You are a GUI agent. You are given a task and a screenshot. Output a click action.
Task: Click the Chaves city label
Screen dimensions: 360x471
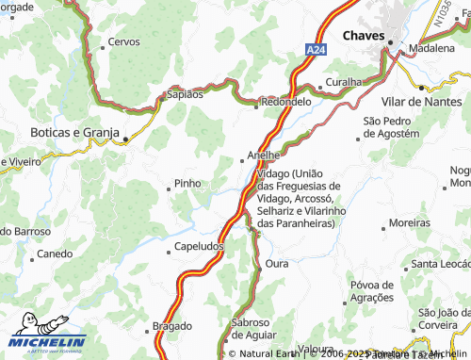(x=364, y=35)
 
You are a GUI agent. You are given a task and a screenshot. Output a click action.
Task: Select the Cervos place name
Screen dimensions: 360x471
(x=123, y=42)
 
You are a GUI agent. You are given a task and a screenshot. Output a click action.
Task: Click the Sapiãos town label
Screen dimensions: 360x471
(x=184, y=94)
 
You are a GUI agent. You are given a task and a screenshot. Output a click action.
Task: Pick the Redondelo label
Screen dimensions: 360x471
(x=286, y=101)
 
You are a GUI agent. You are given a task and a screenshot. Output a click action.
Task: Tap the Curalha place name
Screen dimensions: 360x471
(x=344, y=82)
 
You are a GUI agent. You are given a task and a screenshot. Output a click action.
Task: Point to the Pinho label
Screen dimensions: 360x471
(x=187, y=184)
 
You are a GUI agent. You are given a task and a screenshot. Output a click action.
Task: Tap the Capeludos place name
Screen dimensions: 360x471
(x=199, y=247)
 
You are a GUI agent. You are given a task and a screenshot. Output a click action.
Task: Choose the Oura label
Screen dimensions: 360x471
(x=277, y=264)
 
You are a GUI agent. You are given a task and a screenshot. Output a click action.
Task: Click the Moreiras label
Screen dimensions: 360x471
(x=409, y=223)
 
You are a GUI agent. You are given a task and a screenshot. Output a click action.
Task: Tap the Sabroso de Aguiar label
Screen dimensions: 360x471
(x=253, y=328)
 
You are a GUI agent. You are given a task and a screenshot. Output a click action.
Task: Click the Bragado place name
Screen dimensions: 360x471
(x=171, y=327)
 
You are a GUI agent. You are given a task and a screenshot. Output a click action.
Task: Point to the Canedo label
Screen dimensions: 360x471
(x=54, y=254)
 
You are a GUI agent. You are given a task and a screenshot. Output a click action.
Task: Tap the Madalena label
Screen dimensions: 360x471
(x=437, y=47)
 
